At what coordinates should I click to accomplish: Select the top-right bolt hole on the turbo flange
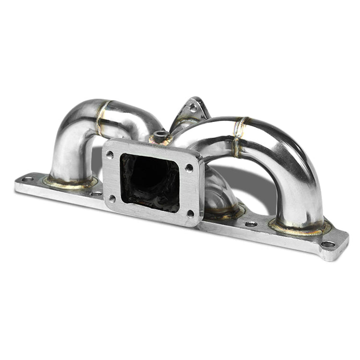[189, 168]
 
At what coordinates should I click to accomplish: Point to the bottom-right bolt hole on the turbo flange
[190, 214]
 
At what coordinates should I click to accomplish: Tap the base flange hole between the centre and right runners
[251, 224]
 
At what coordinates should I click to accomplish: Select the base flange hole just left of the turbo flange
[97, 193]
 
